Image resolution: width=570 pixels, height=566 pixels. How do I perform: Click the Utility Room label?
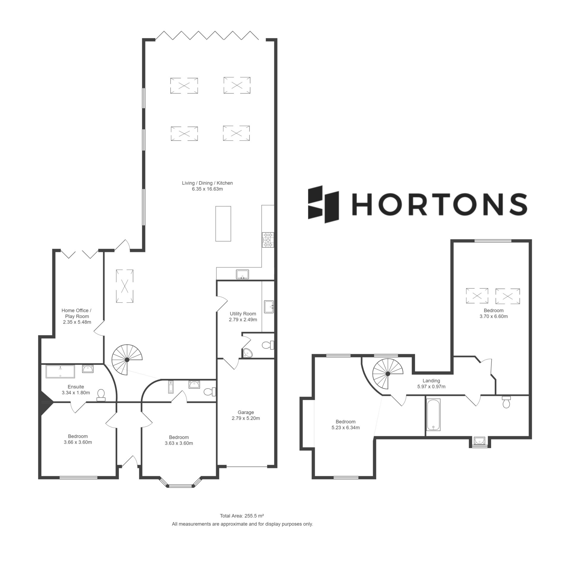[x=243, y=314]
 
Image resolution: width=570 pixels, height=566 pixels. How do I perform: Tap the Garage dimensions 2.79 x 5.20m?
[x=246, y=418]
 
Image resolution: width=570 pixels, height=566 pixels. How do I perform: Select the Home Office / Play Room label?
[x=77, y=313]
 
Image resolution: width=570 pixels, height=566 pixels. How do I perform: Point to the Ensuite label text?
[x=76, y=387]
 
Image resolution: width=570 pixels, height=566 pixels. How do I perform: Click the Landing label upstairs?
[x=431, y=381]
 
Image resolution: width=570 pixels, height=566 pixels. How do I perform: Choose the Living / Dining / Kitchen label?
[x=207, y=183]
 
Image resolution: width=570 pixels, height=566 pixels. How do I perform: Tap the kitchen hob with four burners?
[x=267, y=240]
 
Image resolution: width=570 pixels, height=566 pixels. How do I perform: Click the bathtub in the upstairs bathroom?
[x=433, y=415]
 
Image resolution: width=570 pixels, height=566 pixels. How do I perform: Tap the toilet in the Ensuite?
[x=101, y=395]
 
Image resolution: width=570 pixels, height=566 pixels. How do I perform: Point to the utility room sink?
[x=269, y=306]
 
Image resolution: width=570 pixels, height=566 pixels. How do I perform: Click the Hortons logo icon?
[x=324, y=204]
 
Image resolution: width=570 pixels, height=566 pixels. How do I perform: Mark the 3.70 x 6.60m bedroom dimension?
[x=493, y=316]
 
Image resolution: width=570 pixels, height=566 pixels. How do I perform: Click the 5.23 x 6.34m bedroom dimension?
[x=346, y=428]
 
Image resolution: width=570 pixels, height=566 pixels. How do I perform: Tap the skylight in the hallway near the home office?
[x=125, y=286]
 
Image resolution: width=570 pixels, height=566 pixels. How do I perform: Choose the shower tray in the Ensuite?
[x=60, y=371]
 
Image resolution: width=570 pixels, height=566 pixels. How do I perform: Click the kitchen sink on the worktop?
[x=243, y=274]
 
